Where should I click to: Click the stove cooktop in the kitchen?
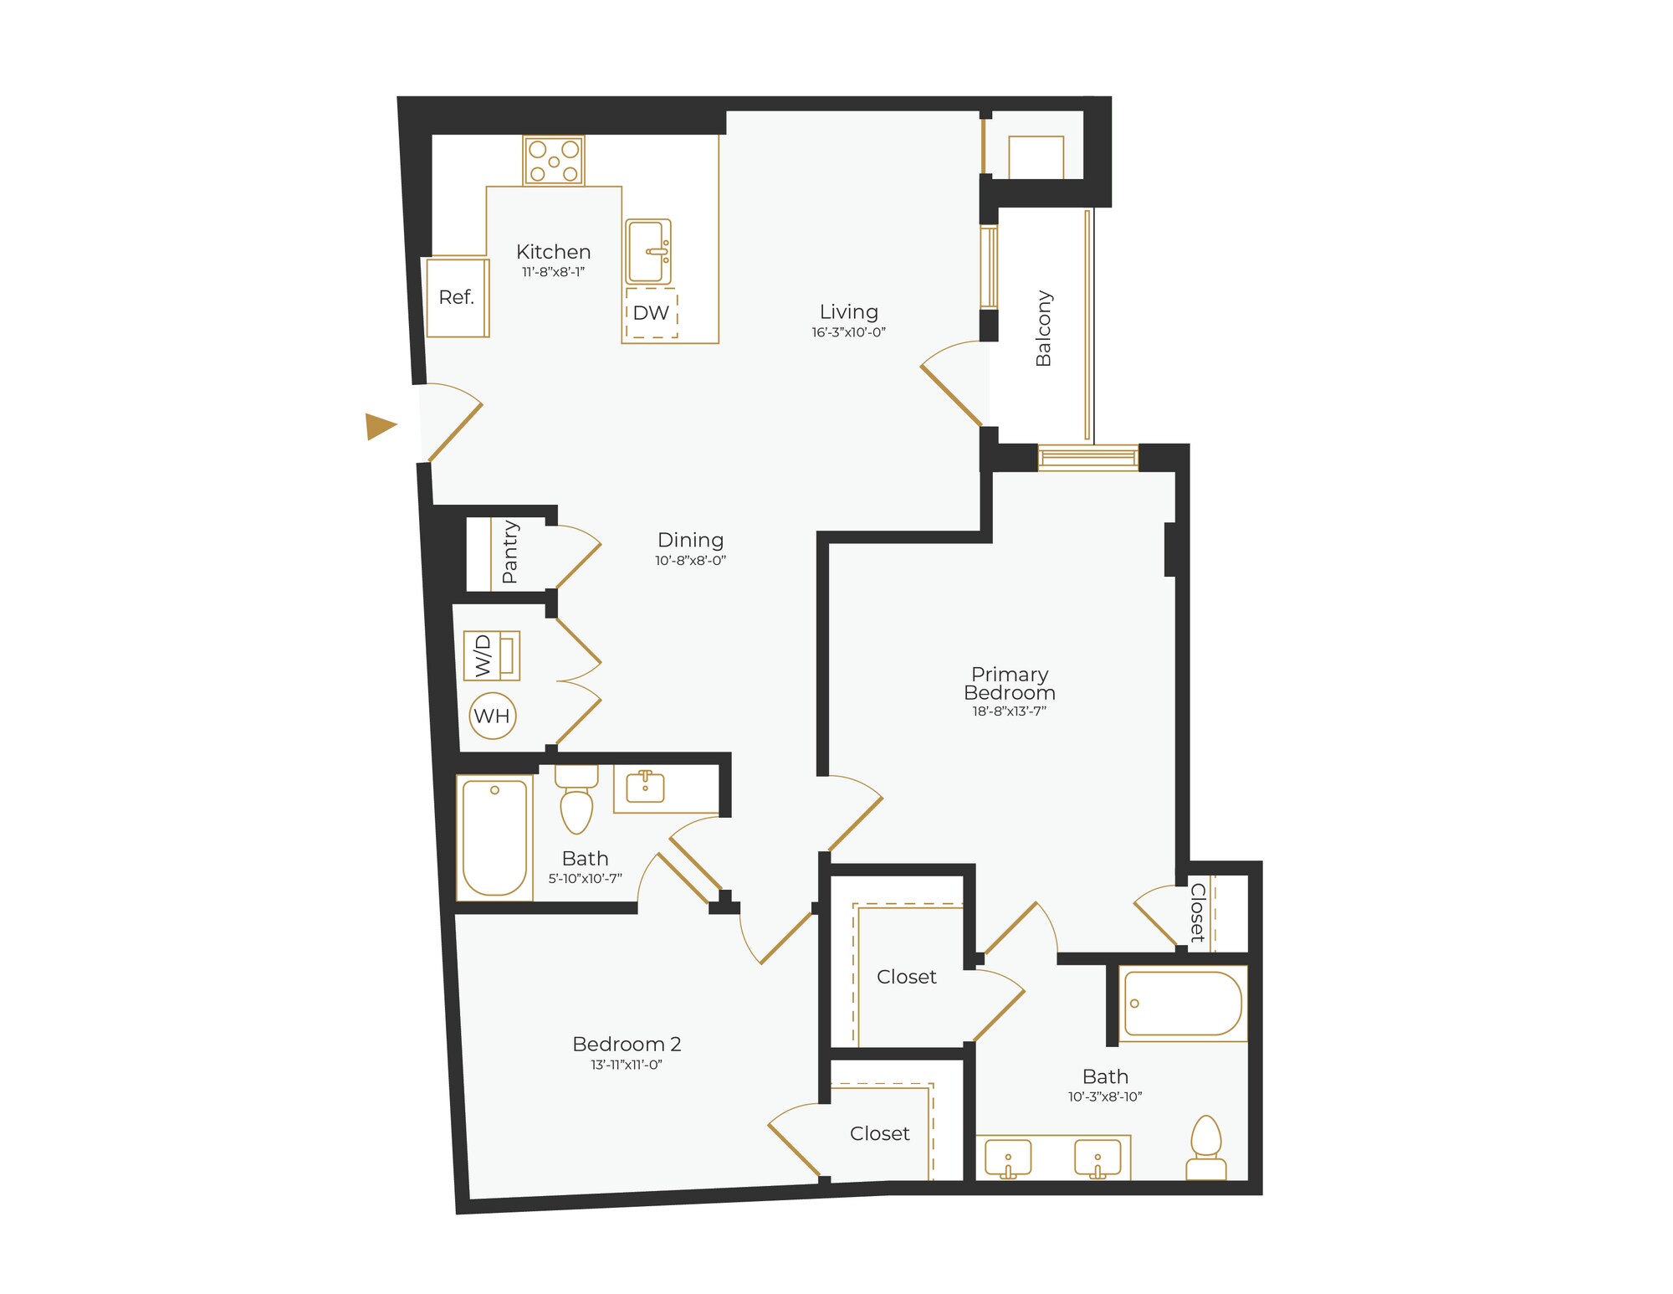point(554,161)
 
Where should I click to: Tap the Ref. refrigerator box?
point(457,298)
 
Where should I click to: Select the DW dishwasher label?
point(651,313)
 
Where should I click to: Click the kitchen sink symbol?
point(648,252)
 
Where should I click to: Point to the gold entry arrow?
point(380,426)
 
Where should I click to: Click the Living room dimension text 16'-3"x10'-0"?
point(848,332)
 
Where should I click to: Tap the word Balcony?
point(1043,328)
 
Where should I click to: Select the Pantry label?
point(509,552)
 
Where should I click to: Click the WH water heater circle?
point(492,716)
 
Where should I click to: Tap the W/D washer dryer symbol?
point(492,655)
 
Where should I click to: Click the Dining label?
point(690,540)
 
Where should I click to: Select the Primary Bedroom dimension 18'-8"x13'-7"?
point(1009,711)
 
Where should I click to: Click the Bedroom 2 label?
point(627,1044)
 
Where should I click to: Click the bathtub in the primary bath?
point(1182,1003)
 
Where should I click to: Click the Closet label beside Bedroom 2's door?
point(879,1133)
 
